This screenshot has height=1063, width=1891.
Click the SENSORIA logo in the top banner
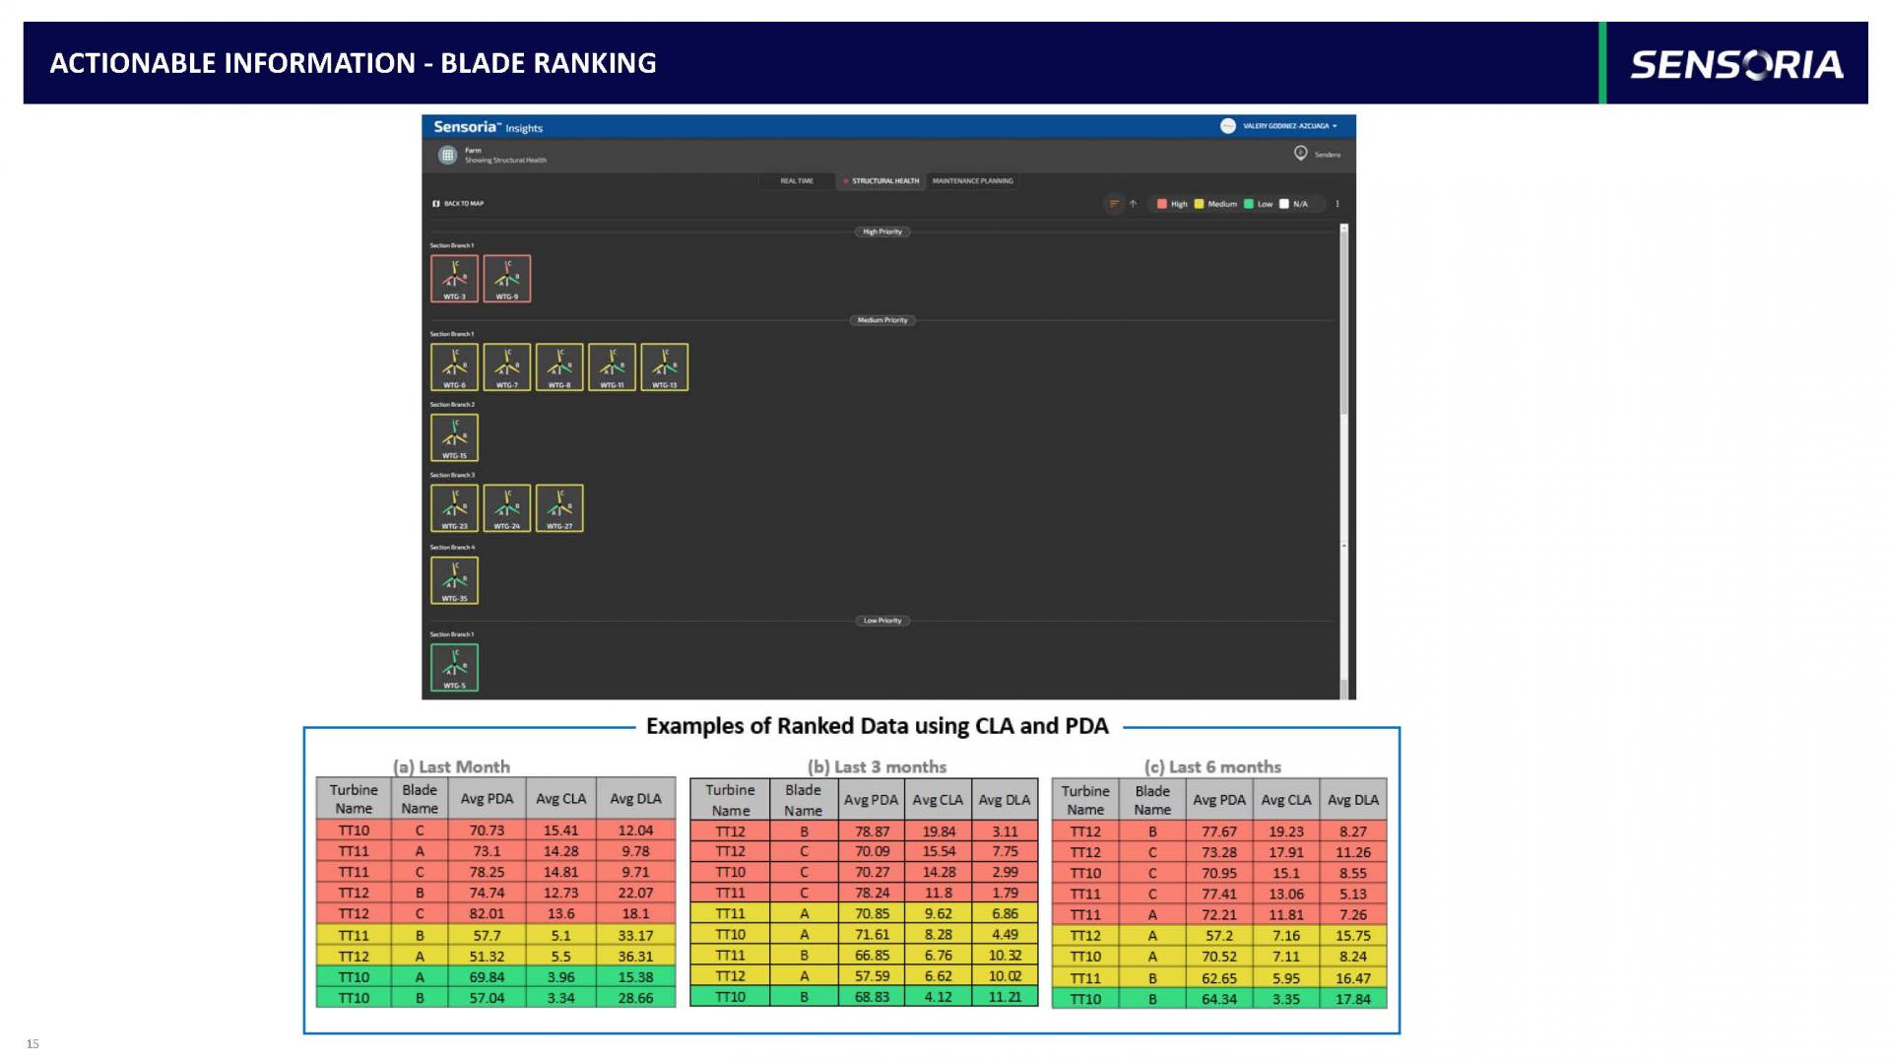tap(1736, 64)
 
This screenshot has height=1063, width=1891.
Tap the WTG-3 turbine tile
tap(454, 278)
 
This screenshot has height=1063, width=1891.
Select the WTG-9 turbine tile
tap(506, 278)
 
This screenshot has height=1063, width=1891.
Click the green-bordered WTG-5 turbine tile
tap(454, 667)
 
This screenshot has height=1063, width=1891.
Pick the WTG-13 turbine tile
tap(664, 366)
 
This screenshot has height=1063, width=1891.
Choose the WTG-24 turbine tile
tap(506, 507)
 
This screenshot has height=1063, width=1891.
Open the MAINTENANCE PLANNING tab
tap(972, 180)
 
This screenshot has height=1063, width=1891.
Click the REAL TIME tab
tap(797, 180)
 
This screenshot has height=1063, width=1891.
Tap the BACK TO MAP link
tap(459, 204)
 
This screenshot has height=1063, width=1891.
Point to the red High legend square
tap(1161, 204)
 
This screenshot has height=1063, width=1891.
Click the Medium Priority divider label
tap(882, 320)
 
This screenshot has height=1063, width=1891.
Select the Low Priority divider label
tap(882, 621)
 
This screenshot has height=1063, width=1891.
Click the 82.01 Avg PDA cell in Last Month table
tap(487, 913)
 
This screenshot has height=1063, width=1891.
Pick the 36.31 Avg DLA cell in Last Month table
tap(635, 956)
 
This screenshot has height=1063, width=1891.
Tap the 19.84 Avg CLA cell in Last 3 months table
tap(938, 830)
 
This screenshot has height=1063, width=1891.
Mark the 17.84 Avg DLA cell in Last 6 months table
tap(1352, 998)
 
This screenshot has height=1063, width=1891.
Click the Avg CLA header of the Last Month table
tap(560, 798)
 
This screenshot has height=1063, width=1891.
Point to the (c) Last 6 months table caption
tap(1212, 766)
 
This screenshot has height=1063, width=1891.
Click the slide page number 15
tap(33, 1043)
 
